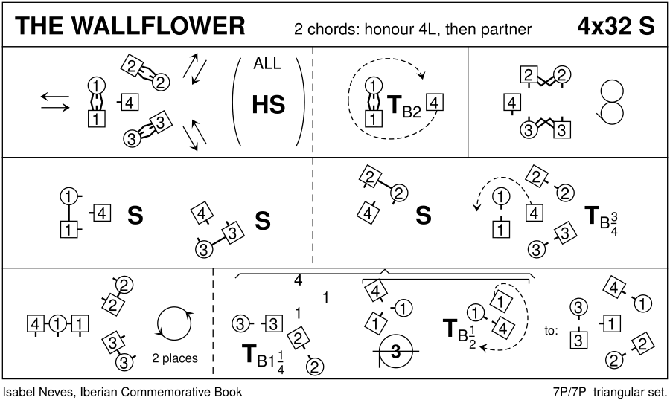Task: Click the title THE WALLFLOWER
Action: click(x=130, y=26)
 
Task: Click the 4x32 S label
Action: click(x=616, y=26)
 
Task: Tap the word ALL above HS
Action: click(x=267, y=64)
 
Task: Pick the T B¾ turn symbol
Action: click(x=602, y=218)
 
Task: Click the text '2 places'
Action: click(x=174, y=358)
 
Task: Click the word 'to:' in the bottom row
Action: click(x=551, y=332)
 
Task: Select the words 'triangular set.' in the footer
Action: click(x=633, y=391)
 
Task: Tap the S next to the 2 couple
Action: click(x=423, y=216)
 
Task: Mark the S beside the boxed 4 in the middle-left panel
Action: click(x=135, y=215)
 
